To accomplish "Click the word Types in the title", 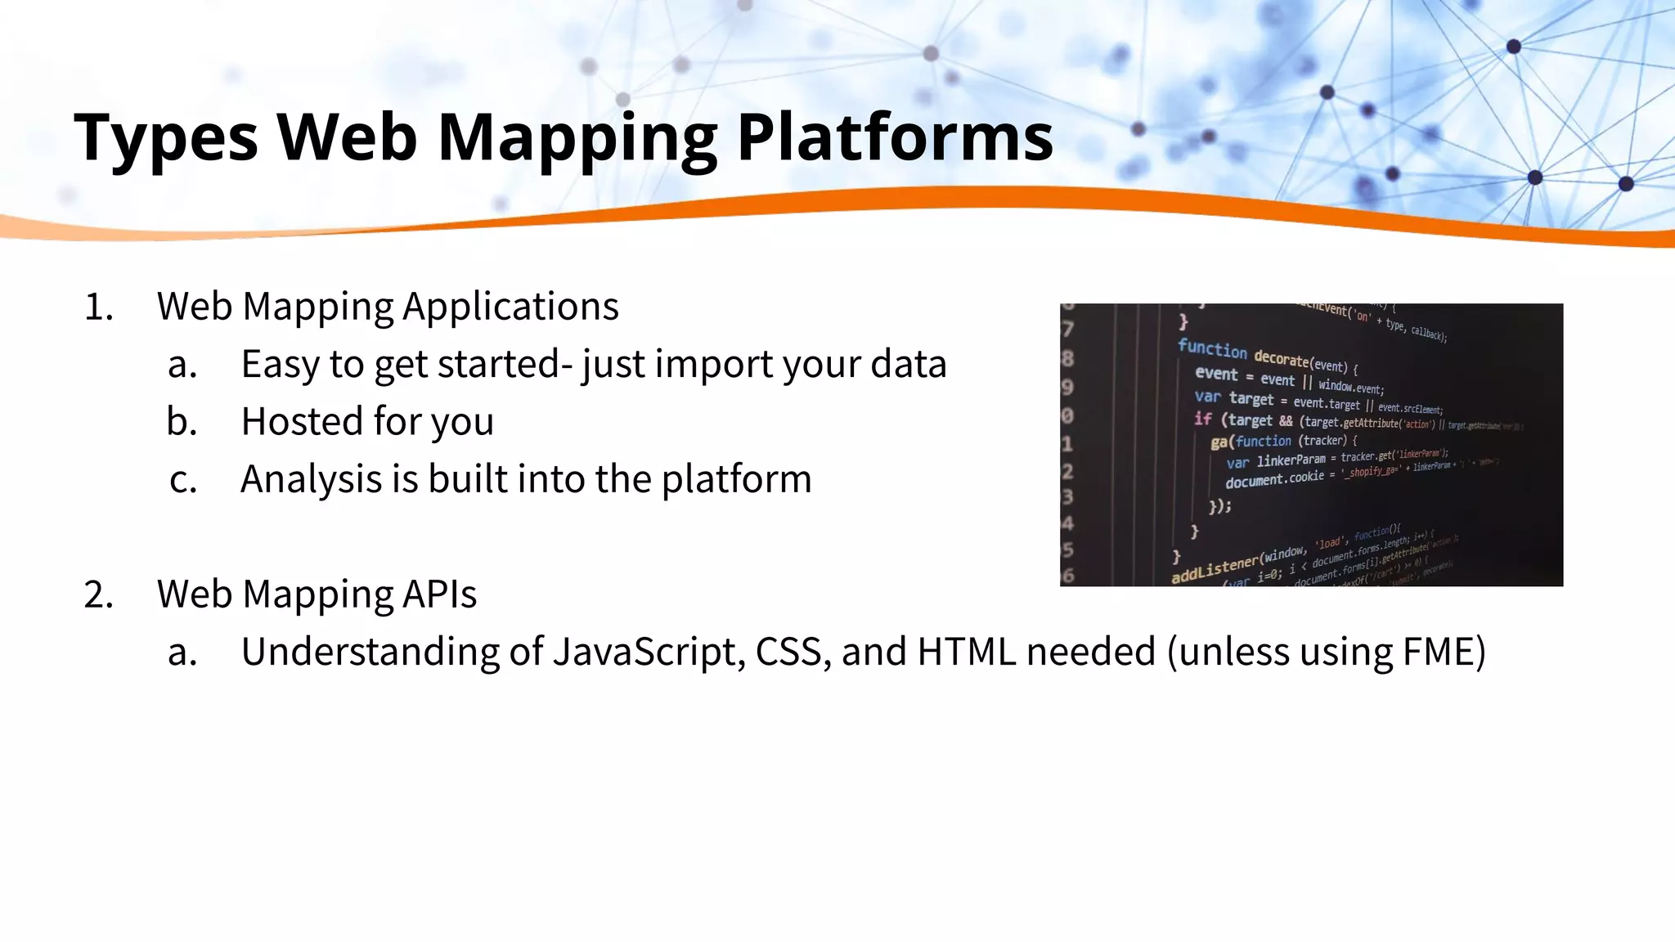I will coord(166,137).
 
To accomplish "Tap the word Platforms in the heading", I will coord(895,136).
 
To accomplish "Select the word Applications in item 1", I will coord(510,307).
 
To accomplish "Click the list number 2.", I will coord(98,595).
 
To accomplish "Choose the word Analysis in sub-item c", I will coord(311,480).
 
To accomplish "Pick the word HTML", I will coord(967,653).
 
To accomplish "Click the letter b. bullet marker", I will coord(182,422).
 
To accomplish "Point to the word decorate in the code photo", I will coord(1282,359).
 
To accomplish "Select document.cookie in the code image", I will coord(1273,479).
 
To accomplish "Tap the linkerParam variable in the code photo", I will coord(1291,460).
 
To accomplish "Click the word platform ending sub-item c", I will coord(736,480).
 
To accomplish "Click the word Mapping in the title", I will coord(577,137).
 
